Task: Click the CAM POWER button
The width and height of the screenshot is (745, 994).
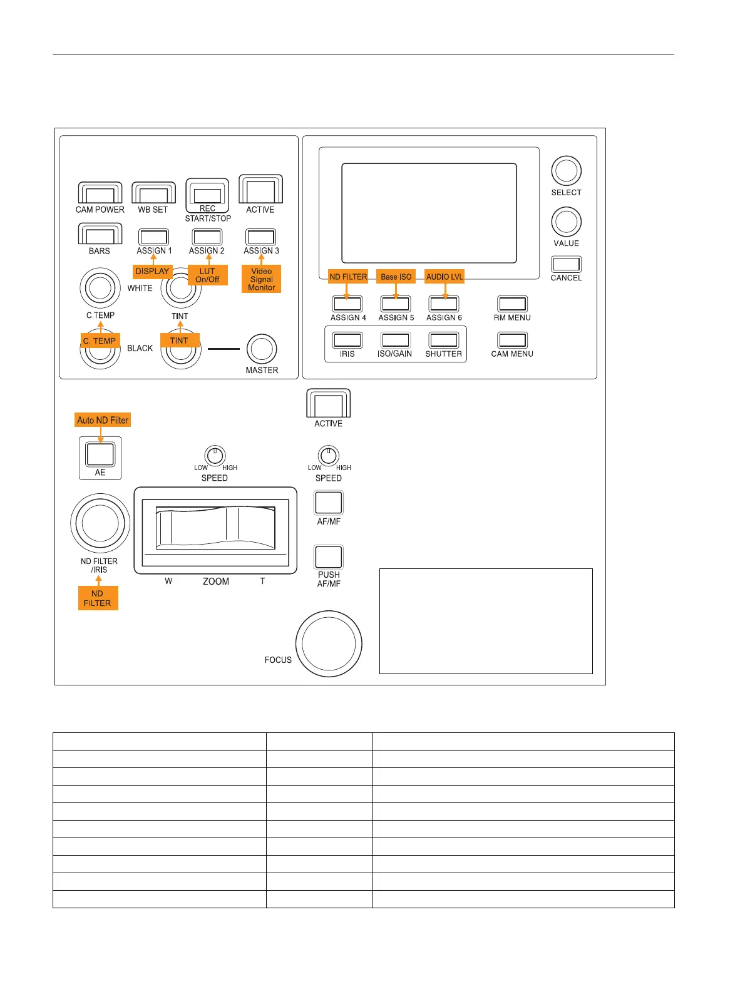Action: (100, 193)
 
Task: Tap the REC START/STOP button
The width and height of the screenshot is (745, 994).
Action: (207, 195)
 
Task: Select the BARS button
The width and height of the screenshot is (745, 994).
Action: (100, 235)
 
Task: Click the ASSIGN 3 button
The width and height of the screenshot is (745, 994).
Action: (261, 237)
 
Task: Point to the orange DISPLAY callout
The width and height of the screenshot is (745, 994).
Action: (152, 272)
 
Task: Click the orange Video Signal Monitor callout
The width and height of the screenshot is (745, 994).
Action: (262, 279)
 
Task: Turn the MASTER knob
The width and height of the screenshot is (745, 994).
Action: (262, 349)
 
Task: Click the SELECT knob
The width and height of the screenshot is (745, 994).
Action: (566, 171)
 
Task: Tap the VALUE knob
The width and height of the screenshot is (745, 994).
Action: (566, 222)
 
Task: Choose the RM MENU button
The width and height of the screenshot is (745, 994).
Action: (512, 304)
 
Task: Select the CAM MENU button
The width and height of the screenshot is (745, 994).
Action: (512, 340)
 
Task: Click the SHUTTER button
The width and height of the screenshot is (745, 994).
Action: (444, 340)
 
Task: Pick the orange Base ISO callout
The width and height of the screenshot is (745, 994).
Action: (396, 277)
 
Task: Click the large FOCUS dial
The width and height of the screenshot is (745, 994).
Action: (329, 643)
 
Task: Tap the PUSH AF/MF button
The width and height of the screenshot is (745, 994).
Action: (329, 557)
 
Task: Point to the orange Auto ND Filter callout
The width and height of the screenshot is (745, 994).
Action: (103, 420)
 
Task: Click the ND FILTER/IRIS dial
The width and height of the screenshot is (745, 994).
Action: (100, 523)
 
